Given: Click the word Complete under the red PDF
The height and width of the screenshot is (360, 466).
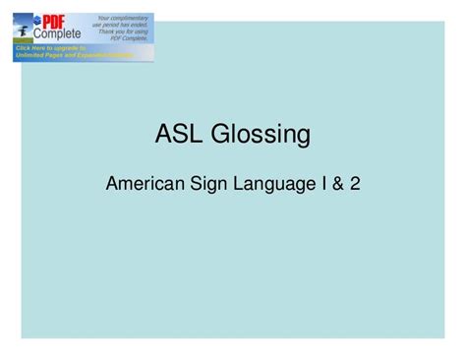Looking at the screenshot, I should pyautogui.click(x=59, y=33).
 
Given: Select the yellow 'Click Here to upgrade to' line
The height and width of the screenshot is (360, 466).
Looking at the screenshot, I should pyautogui.click(x=51, y=47).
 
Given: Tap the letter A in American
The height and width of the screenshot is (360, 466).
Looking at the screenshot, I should pyautogui.click(x=111, y=182).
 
